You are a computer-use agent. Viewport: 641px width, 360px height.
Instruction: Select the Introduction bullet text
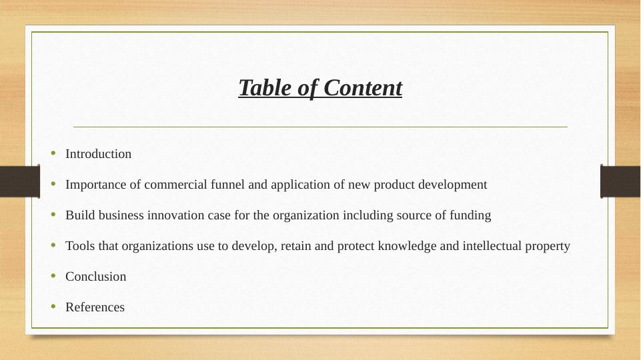point(98,154)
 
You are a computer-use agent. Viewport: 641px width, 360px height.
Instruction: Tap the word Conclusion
point(95,277)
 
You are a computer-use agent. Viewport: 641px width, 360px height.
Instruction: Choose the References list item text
point(95,307)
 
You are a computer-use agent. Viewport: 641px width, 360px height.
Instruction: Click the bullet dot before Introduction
point(53,154)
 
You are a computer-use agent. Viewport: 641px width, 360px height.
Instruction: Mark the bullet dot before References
point(53,307)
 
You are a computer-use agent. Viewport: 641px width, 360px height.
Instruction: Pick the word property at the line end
point(549,246)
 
